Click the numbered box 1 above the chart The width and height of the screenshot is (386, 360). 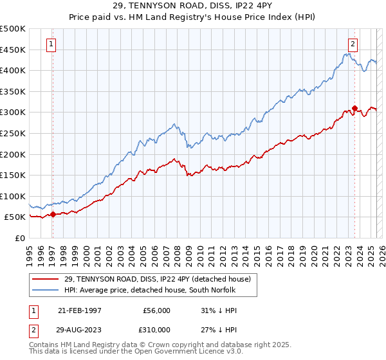point(51,44)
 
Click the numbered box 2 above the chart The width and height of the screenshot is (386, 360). point(353,44)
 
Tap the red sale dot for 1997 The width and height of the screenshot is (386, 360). point(53,215)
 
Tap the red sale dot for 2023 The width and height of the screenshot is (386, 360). point(354,108)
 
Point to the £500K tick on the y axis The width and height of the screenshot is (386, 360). point(13,29)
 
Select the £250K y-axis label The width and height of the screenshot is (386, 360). point(13,133)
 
